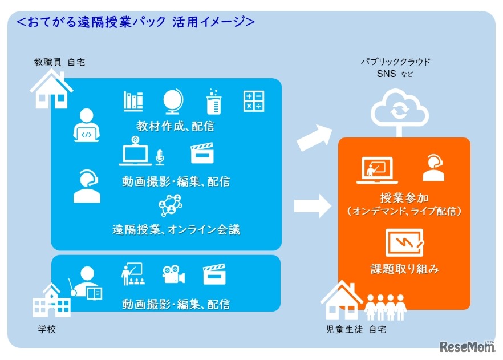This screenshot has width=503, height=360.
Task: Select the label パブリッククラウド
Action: pos(395,62)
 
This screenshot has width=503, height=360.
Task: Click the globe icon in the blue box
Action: pos(172,101)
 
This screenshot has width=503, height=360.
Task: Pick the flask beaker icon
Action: pos(213,101)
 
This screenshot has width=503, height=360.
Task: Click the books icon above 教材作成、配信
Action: pos(133,101)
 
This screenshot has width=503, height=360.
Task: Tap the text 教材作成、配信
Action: pos(176,125)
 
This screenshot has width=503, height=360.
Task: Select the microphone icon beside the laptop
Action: pos(160,156)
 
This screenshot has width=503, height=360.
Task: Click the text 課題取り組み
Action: pos(404,268)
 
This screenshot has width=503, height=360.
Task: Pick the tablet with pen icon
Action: pos(404,244)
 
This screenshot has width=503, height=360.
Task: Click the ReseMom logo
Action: pos(467,347)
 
